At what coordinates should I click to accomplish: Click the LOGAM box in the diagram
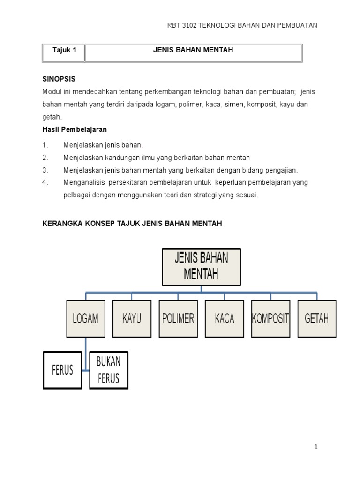[x=85, y=319]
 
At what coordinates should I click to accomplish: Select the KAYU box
[x=132, y=319]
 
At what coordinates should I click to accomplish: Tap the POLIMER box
[x=178, y=319]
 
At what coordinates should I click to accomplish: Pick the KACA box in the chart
[x=224, y=319]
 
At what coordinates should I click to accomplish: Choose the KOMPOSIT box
[x=270, y=319]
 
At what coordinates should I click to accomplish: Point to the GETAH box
[x=317, y=319]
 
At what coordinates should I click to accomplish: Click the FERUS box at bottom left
[x=63, y=370]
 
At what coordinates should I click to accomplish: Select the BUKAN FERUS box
[x=109, y=370]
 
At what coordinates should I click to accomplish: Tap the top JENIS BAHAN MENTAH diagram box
[x=201, y=267]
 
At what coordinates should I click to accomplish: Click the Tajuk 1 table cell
[x=64, y=50]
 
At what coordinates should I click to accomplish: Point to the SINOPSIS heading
[x=59, y=79]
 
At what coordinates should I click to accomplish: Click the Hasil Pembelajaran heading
[x=75, y=129]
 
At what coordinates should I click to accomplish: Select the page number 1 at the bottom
[x=316, y=447]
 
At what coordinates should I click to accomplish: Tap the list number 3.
[x=45, y=170]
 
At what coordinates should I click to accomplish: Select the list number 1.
[x=45, y=145]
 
